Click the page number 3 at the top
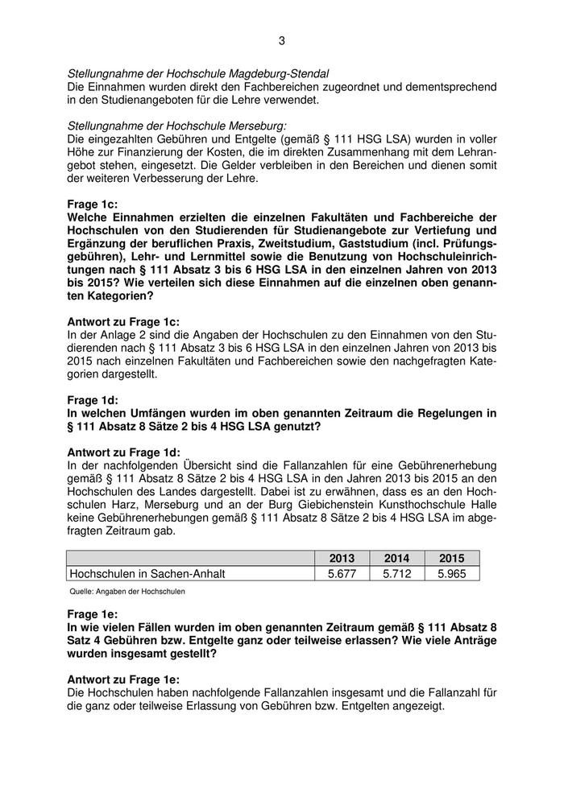click(x=282, y=40)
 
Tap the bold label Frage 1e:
click(x=93, y=613)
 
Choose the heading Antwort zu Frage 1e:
click(x=123, y=679)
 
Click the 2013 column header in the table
click(x=342, y=558)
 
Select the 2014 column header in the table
click(x=396, y=558)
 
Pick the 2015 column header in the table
click(x=451, y=558)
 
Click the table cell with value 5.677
click(x=342, y=574)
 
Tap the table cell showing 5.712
click(x=396, y=574)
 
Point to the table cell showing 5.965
click(x=451, y=574)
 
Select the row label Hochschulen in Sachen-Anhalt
click(x=147, y=574)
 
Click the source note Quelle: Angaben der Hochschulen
click(x=127, y=592)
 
